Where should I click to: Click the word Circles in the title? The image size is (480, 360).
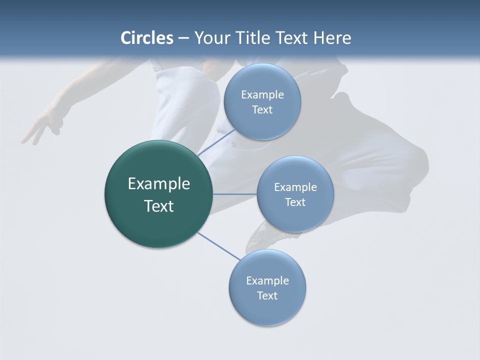tap(146, 38)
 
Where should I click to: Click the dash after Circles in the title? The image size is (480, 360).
tap(183, 38)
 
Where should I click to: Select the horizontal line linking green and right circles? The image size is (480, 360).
tap(235, 194)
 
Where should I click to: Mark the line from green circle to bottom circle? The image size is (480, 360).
tap(218, 246)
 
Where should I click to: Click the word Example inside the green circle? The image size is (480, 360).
tap(159, 184)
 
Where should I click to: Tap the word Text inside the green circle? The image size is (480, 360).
tap(159, 206)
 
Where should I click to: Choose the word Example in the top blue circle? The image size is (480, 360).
tap(262, 95)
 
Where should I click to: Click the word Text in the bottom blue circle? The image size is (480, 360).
tap(267, 296)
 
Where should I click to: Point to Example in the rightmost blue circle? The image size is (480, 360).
tap(295, 187)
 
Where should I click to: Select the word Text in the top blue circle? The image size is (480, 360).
tap(262, 110)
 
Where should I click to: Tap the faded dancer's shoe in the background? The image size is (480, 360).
tap(260, 237)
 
